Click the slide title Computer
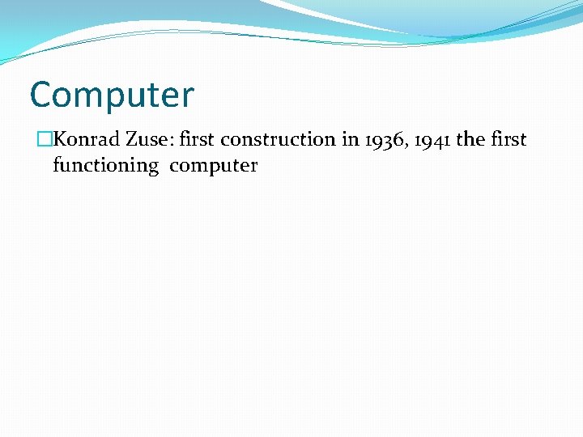point(112,95)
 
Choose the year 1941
point(432,140)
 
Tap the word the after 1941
point(470,140)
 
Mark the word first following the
point(509,140)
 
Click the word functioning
point(105,166)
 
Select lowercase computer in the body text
point(214,166)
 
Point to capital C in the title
point(40,95)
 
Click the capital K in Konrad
point(59,140)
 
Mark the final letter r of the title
point(188,97)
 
